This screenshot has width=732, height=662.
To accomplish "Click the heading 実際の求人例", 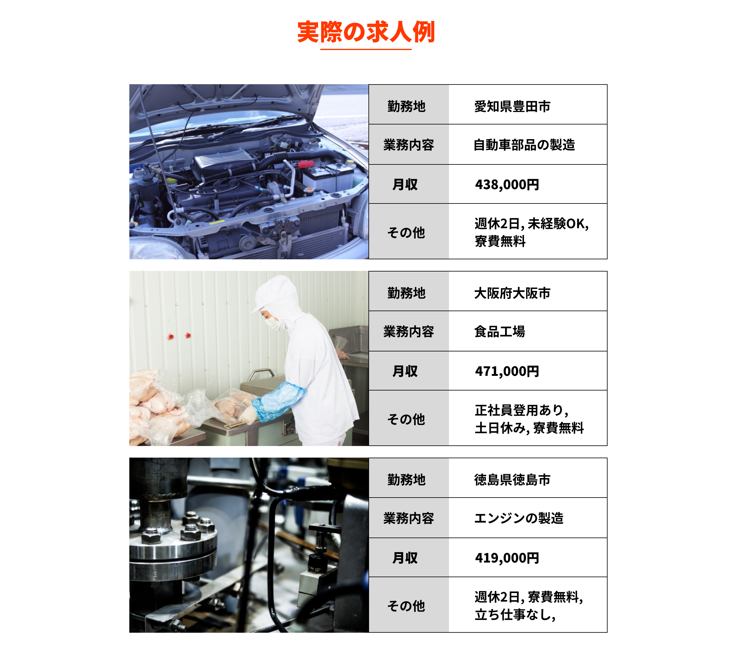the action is [x=366, y=32].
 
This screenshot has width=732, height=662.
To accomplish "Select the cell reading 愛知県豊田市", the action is [x=512, y=106].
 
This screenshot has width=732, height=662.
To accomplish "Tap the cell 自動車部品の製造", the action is [x=524, y=145].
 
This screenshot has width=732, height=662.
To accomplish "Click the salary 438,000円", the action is [x=507, y=185].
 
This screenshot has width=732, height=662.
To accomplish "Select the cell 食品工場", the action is [x=499, y=332].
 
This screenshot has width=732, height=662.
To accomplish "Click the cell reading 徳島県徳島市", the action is [x=512, y=480].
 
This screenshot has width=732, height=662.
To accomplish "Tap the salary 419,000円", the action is [x=507, y=558].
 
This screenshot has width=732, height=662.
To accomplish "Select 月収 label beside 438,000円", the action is [x=405, y=185].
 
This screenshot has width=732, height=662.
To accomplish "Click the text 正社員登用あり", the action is [x=519, y=410].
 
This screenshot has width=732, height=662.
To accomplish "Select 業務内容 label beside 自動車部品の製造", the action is [x=408, y=145].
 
